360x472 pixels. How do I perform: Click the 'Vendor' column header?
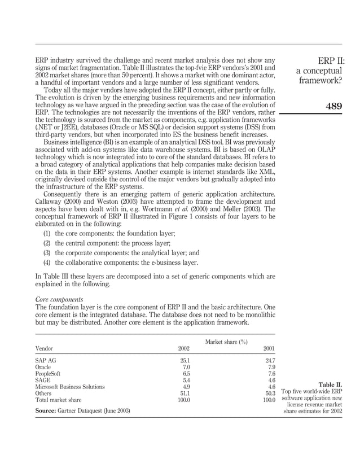click(45, 348)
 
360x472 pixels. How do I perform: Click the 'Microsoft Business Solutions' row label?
click(70, 387)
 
